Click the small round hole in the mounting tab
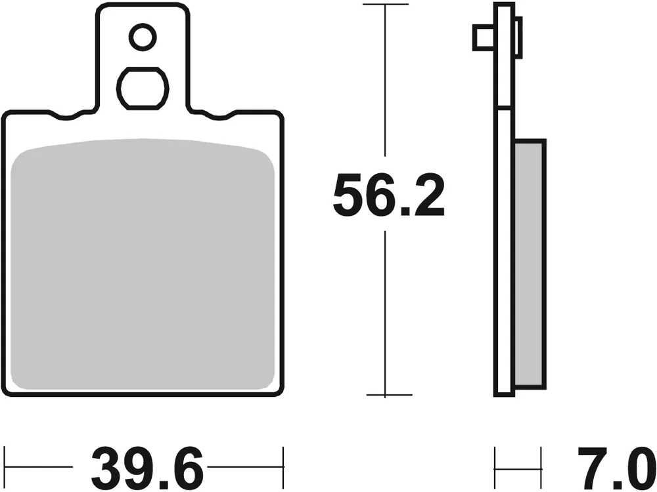[x=143, y=37]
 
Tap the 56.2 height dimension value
[x=388, y=195]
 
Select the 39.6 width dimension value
[x=146, y=467]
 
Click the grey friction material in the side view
[x=530, y=262]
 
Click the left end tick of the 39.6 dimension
[x=5, y=467]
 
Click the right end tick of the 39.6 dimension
[x=283, y=467]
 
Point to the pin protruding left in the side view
[x=483, y=37]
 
